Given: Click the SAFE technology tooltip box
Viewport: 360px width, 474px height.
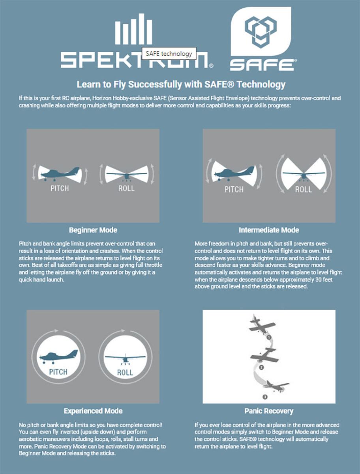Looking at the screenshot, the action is coord(169,53).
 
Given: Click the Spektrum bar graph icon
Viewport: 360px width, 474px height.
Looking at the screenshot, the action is coord(133,29).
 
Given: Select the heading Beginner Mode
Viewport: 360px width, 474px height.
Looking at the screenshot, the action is coord(93,230).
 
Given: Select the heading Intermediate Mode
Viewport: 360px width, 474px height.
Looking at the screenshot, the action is coord(269,230).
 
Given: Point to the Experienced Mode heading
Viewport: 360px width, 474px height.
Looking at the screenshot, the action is coord(93,411).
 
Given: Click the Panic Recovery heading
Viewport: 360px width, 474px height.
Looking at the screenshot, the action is coord(269,411).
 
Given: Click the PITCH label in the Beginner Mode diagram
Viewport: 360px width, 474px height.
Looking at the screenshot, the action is coord(60,188).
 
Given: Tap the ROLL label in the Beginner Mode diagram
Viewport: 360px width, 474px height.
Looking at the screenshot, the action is coord(126,188).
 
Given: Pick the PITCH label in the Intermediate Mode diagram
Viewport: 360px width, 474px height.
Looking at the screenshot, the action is coord(234,190).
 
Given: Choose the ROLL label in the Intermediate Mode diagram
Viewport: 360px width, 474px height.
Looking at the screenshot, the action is coord(304,190).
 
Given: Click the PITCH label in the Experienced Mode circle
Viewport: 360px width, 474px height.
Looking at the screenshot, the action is coord(58,372).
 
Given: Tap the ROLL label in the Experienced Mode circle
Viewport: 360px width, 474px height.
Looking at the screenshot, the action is coord(125,372).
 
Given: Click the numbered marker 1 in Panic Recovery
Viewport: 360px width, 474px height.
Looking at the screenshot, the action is coord(269,337).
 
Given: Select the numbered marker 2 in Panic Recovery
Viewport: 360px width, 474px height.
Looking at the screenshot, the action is coord(261,367).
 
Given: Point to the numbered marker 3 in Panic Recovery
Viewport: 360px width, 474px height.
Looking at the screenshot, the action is coord(265,397).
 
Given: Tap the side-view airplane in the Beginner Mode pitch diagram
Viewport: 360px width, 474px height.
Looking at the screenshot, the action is coord(60,173).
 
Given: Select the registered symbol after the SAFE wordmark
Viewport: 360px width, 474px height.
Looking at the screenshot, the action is coord(296,61).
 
